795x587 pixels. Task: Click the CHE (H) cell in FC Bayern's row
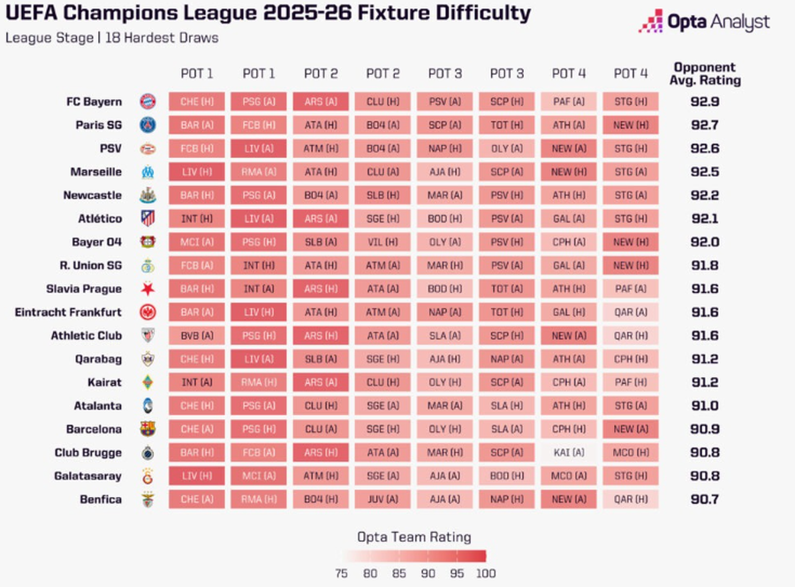196,102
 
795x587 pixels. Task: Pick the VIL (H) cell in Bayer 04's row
382,242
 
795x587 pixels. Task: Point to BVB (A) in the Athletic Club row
196,335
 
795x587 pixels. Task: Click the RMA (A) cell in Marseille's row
259,172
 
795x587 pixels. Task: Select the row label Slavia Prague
84,289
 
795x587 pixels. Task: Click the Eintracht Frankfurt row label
69,312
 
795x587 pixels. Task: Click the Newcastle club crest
148,195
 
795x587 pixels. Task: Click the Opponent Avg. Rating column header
707,74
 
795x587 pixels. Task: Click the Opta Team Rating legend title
413,537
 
